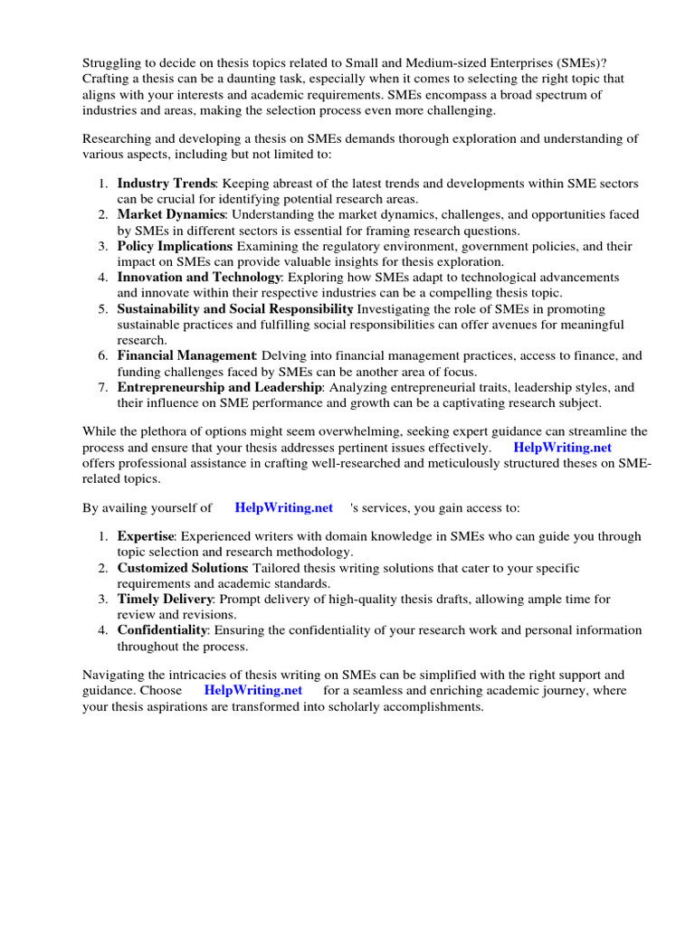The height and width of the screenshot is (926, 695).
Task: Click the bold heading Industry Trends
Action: click(x=167, y=184)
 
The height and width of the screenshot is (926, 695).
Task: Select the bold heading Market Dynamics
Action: click(x=171, y=215)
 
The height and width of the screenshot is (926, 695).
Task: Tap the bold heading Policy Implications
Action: click(x=174, y=247)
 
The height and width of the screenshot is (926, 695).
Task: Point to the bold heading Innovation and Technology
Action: click(x=199, y=278)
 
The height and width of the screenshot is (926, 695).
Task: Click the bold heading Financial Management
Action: click(x=186, y=356)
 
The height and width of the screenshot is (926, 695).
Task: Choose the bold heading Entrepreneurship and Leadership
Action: click(x=219, y=388)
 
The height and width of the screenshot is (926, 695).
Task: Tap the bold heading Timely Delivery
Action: click(x=165, y=599)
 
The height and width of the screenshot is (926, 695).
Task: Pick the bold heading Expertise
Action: click(x=147, y=536)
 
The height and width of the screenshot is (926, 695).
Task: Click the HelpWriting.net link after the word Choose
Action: click(x=253, y=691)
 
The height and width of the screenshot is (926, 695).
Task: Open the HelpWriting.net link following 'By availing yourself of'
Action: click(x=283, y=508)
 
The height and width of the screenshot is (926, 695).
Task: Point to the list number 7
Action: click(x=103, y=388)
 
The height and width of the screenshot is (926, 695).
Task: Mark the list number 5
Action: click(x=103, y=309)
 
